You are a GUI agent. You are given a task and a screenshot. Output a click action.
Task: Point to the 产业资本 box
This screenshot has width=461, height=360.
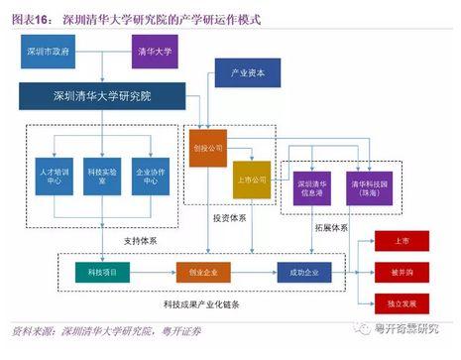click(x=241, y=75)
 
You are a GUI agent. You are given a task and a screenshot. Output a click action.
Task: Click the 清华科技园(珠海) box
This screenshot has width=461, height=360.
click(x=365, y=187)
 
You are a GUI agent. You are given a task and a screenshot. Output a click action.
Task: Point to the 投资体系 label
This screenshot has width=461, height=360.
click(x=230, y=216)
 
